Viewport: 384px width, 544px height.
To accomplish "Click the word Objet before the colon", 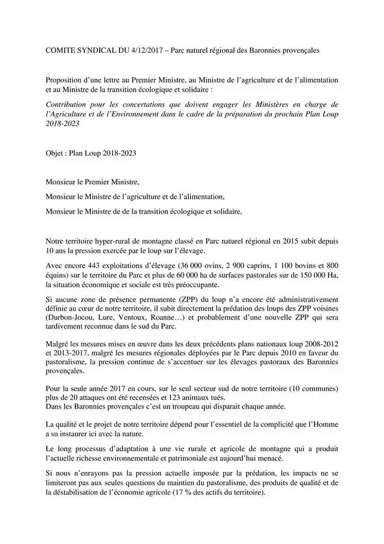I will point(56,153).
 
